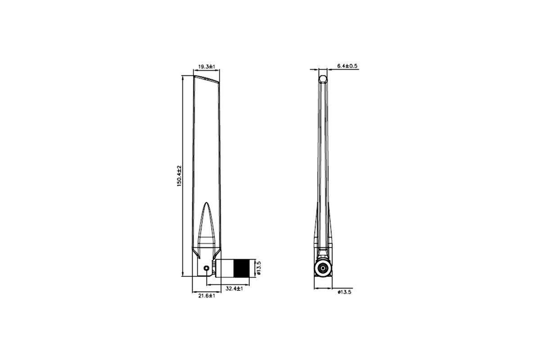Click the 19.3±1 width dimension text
207,67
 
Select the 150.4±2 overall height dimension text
179,176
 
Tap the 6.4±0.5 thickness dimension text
347,66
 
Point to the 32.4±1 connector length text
234,288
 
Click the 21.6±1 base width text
207,296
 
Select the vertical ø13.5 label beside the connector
259,268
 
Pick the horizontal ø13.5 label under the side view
345,292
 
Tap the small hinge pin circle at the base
207,268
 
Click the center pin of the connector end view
323,268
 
